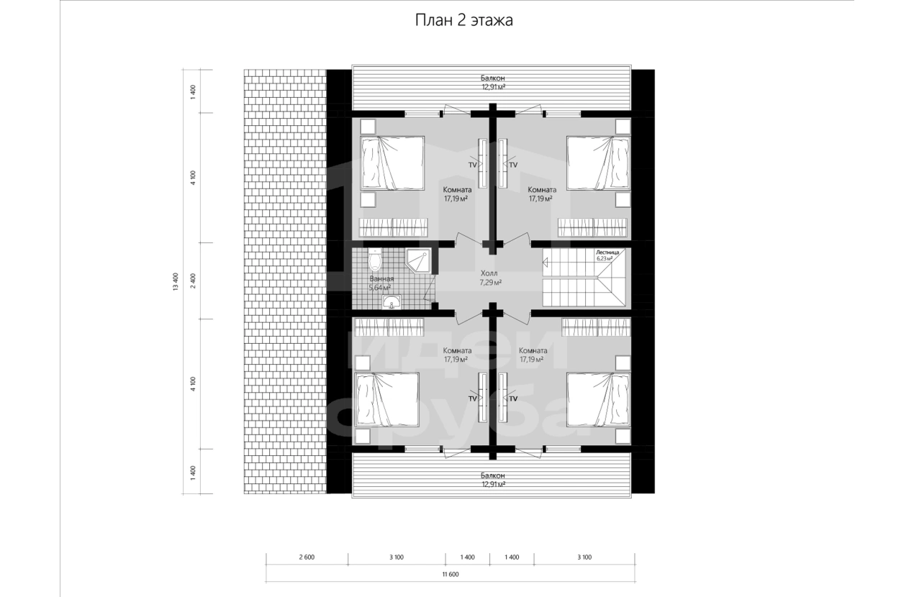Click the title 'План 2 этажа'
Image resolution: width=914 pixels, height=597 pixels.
(x=464, y=20)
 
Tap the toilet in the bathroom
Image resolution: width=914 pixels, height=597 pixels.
(x=374, y=260)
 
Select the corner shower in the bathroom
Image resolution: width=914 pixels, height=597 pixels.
(x=419, y=261)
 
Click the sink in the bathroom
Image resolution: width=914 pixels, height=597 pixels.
(x=392, y=302)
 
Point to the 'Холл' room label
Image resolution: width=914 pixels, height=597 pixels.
(x=489, y=273)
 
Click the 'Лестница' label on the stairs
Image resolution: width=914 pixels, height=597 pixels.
(x=607, y=252)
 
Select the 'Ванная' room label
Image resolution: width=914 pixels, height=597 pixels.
(x=381, y=279)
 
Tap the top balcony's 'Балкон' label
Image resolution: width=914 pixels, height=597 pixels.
(x=492, y=78)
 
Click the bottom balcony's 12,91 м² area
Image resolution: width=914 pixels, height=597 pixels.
(x=494, y=484)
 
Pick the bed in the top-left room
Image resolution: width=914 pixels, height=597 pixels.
(x=392, y=163)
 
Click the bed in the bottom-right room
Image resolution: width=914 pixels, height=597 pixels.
(x=598, y=399)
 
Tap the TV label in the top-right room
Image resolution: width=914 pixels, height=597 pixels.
(x=513, y=165)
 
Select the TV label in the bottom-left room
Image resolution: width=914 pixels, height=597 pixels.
(x=473, y=398)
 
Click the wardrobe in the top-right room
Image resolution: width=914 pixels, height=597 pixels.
(x=592, y=227)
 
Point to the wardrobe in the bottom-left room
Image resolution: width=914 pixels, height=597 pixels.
(x=389, y=327)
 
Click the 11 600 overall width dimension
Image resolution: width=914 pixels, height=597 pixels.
(x=451, y=574)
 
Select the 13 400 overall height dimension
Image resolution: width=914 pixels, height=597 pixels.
(x=176, y=281)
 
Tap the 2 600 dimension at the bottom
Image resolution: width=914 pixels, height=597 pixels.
(x=307, y=557)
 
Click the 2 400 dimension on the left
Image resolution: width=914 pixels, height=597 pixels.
(x=193, y=281)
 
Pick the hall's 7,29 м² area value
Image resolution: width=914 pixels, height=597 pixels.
(x=490, y=282)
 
